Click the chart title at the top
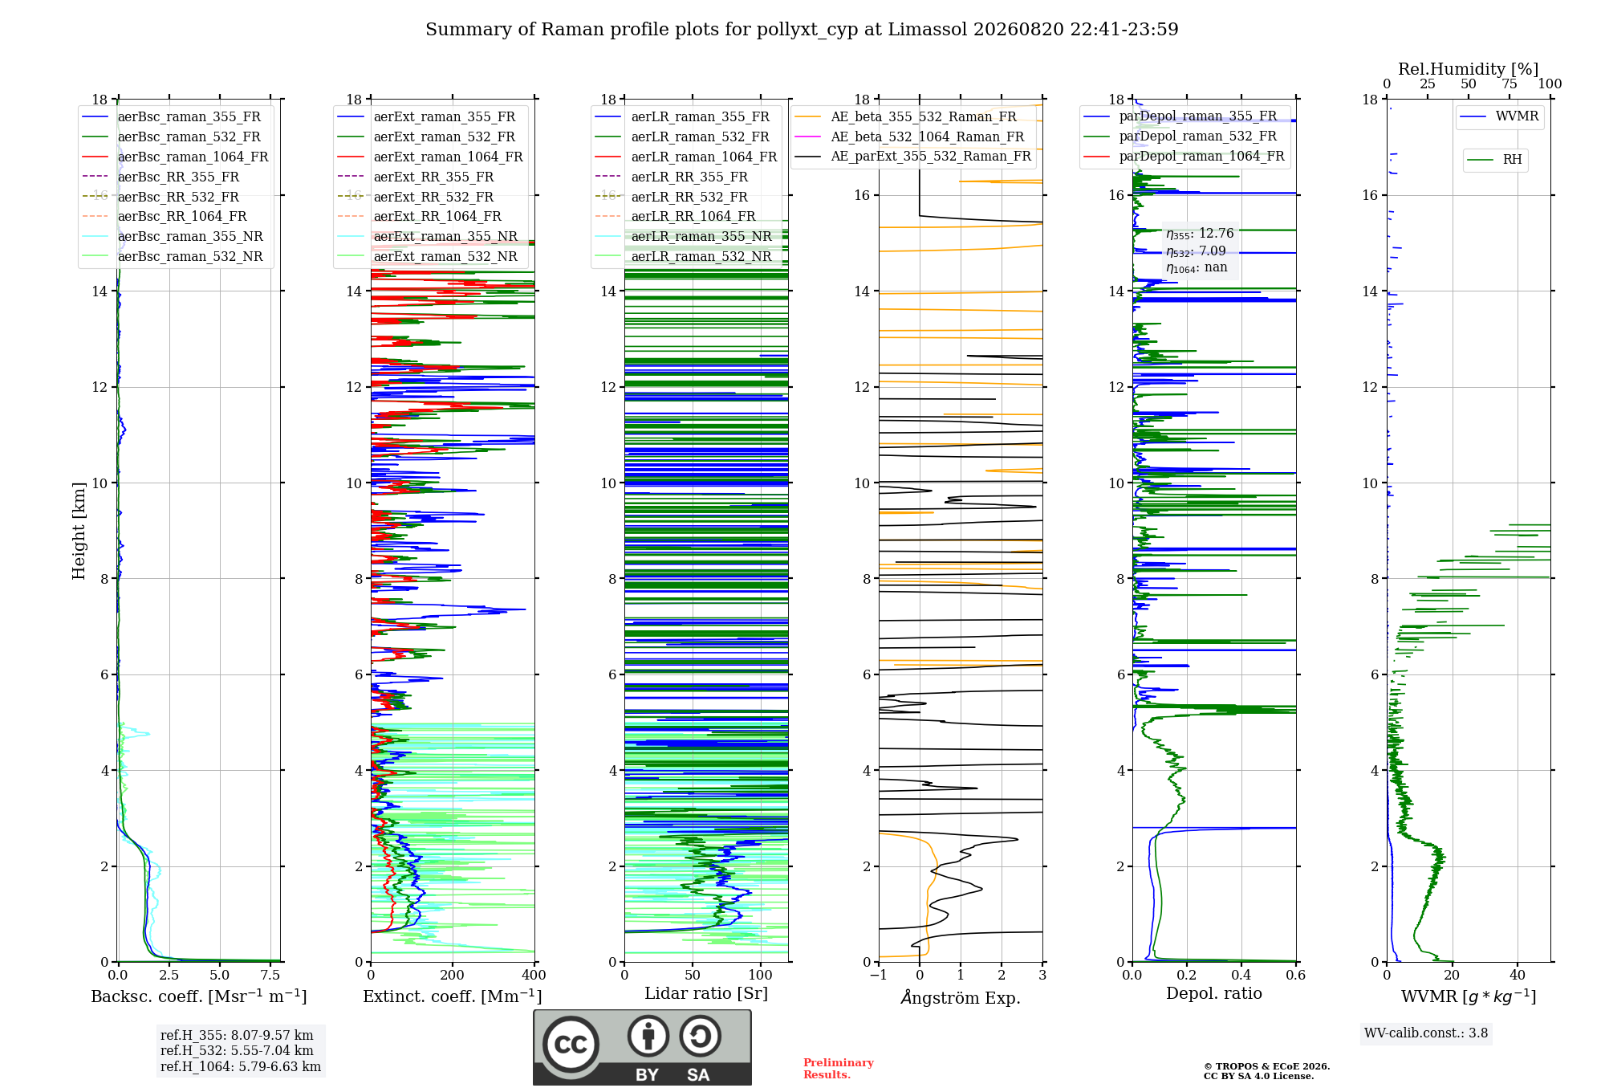tap(802, 30)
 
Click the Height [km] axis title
tap(79, 531)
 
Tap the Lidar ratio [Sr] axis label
tap(706, 993)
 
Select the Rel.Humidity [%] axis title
tap(1469, 69)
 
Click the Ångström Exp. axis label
tap(961, 997)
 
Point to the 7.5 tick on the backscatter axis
tap(270, 976)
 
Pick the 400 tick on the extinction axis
tap(534, 976)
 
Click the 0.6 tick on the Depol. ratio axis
tap(1295, 976)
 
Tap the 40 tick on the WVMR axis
tap(1518, 976)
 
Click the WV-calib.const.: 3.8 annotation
tap(1426, 1033)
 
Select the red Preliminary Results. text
tap(838, 1069)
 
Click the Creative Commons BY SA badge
tap(642, 1048)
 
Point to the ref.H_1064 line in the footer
tap(241, 1066)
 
